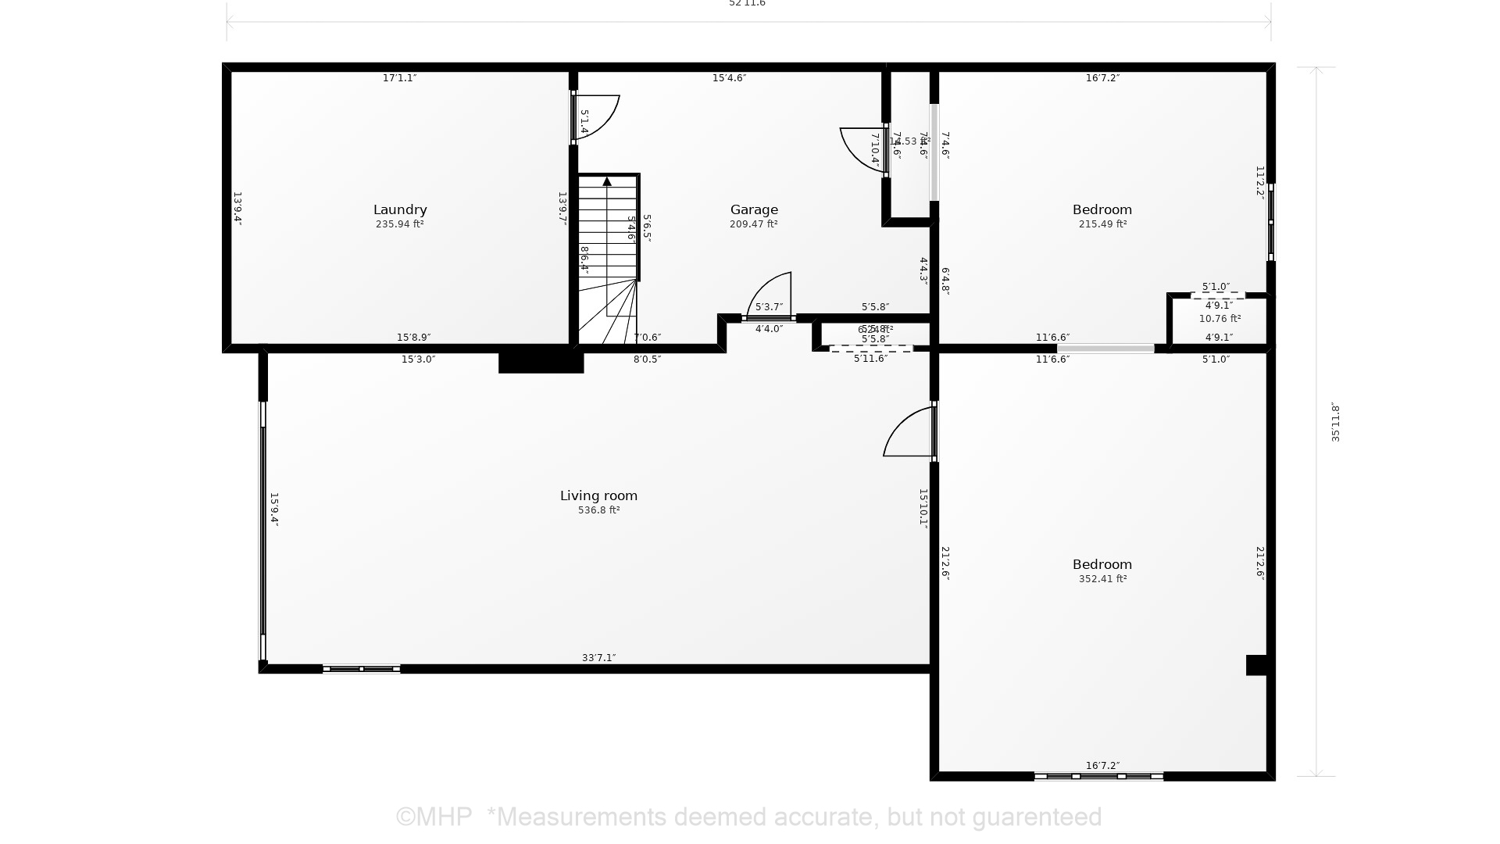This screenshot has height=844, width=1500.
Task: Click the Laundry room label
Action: pos(399,209)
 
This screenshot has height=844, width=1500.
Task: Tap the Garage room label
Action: pos(754,209)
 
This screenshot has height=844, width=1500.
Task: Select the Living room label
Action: pos(598,495)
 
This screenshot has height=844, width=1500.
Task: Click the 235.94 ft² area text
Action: pos(399,224)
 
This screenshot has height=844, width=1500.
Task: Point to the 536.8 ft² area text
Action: pos(598,510)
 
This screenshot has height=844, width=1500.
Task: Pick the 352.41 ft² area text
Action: pos(1102,579)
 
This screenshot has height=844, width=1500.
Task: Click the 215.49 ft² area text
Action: pos(1102,224)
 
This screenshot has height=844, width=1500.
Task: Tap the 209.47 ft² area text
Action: pos(754,224)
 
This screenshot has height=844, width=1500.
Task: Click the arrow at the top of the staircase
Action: pos(607,181)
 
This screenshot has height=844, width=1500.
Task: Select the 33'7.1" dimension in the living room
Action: pos(598,658)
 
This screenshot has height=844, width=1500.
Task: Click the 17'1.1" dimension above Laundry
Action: pos(399,78)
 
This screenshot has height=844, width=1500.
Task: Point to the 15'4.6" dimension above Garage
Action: pos(729,78)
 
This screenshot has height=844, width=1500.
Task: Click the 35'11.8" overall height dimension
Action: pos(1335,423)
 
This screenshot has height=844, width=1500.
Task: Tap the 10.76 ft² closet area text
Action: pos(1220,319)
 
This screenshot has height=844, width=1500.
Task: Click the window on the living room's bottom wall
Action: pos(361,669)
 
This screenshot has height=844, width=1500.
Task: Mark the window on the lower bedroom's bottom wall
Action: pos(1098,776)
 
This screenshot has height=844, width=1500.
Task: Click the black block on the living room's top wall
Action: pos(541,362)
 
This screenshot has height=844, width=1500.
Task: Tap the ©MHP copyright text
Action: pos(434,817)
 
